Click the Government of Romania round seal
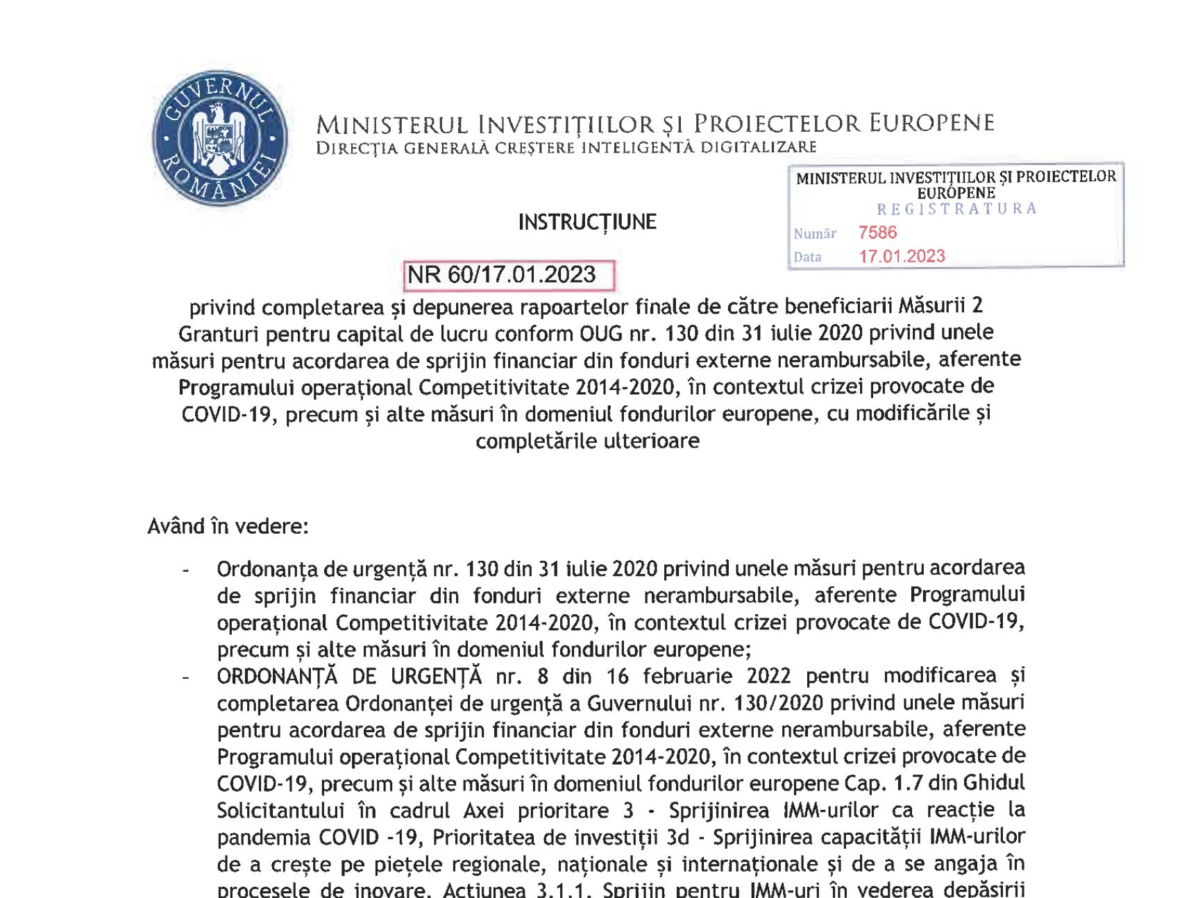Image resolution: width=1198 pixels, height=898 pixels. point(219,138)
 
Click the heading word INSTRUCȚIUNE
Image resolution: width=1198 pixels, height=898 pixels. point(587,222)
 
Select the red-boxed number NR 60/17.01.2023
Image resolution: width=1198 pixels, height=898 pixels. point(502,275)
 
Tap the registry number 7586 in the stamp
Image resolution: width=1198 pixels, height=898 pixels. point(877,232)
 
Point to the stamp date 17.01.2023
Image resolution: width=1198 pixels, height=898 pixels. point(902,256)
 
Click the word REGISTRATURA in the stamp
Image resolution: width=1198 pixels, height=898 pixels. point(956,209)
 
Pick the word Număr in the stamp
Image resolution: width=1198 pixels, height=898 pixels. point(815,234)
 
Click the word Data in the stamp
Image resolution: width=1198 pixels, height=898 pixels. point(807,257)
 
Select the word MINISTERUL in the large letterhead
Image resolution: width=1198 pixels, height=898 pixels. point(392,125)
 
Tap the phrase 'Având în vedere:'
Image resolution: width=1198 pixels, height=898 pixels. point(228,526)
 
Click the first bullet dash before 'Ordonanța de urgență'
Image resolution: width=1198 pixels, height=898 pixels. point(185,570)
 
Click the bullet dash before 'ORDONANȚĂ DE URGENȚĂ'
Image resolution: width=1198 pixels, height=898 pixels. point(185,677)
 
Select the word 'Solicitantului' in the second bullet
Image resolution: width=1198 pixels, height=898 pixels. point(280,811)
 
